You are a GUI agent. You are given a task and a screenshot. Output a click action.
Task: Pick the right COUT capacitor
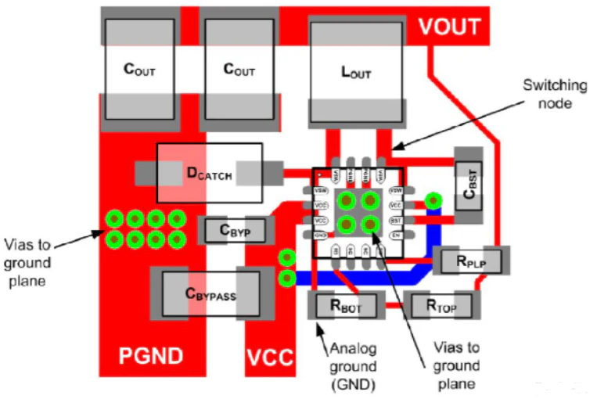tap(239, 70)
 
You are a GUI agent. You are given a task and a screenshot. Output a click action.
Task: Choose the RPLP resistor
tap(471, 261)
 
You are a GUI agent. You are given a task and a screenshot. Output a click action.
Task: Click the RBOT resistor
tap(344, 305)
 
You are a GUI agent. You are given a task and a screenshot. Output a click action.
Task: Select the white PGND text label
tap(150, 357)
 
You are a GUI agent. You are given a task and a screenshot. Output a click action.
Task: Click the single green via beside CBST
tap(433, 202)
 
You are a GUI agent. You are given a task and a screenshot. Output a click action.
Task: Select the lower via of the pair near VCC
tap(287, 278)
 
